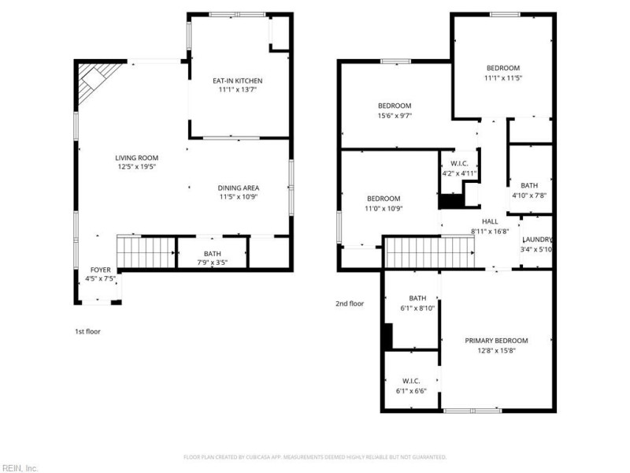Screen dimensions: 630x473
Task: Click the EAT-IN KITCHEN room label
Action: pyautogui.click(x=238, y=81)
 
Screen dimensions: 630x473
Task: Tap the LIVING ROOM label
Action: pyautogui.click(x=136, y=158)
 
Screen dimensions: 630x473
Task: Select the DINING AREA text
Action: pyautogui.click(x=239, y=188)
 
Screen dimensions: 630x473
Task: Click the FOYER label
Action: pyautogui.click(x=101, y=270)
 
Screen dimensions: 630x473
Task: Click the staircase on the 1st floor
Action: pyautogui.click(x=146, y=252)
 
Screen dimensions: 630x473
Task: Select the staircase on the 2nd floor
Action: pyautogui.click(x=429, y=252)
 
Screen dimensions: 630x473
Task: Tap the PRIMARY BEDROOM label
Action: pyautogui.click(x=496, y=341)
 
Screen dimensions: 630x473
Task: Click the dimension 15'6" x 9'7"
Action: pyautogui.click(x=395, y=116)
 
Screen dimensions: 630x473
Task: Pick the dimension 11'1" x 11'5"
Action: pyautogui.click(x=503, y=78)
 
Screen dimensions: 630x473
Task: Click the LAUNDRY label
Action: pyautogui.click(x=537, y=240)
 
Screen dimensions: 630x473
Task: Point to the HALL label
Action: pyautogui.click(x=490, y=222)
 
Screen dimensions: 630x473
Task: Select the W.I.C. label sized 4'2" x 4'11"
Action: pyautogui.click(x=459, y=164)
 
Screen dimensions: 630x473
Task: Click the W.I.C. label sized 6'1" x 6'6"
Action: pyautogui.click(x=411, y=381)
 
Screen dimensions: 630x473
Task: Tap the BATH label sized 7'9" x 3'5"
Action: pyautogui.click(x=212, y=254)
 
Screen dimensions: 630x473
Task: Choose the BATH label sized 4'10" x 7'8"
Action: pyautogui.click(x=529, y=185)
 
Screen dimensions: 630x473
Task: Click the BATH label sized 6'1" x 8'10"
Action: pyautogui.click(x=417, y=298)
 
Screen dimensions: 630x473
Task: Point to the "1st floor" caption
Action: pyautogui.click(x=87, y=331)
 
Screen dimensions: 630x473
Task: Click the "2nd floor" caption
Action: pyautogui.click(x=350, y=304)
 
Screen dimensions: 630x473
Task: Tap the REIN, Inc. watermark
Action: pyautogui.click(x=19, y=468)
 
